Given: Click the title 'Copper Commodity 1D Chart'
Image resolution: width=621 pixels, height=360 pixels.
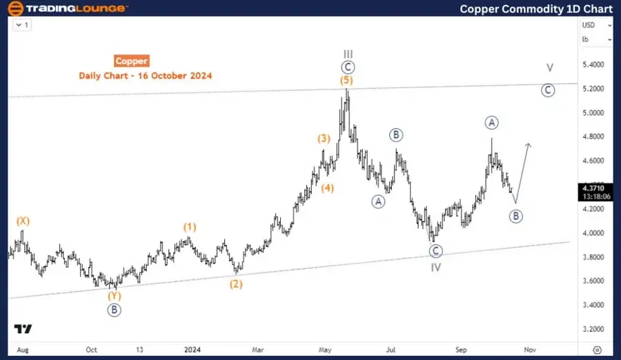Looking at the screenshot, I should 536,8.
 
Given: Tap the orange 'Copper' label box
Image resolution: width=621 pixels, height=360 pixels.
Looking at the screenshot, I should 131,61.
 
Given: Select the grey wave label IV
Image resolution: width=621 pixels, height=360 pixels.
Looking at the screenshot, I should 435,266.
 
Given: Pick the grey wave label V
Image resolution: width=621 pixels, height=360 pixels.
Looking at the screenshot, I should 549,68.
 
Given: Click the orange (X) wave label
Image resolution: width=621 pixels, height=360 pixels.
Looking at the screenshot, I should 23,221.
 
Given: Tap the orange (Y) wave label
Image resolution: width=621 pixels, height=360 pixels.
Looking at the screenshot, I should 114,296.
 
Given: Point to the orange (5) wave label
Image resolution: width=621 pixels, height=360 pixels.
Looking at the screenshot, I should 346,81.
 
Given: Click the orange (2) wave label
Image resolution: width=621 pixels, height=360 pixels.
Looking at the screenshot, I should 236,283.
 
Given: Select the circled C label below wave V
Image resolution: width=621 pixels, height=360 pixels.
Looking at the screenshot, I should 548,90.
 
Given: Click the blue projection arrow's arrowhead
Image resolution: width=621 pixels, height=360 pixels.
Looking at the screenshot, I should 529,144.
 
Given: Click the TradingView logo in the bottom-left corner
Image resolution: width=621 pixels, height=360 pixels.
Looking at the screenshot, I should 23,329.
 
